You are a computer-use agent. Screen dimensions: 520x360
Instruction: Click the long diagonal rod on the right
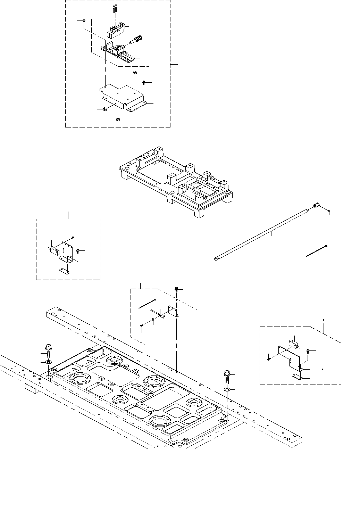[260, 234]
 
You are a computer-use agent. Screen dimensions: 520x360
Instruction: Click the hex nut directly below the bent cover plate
[118, 119]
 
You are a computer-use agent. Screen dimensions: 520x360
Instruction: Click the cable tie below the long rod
[317, 251]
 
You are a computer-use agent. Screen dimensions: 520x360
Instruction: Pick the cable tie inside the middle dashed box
[148, 303]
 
